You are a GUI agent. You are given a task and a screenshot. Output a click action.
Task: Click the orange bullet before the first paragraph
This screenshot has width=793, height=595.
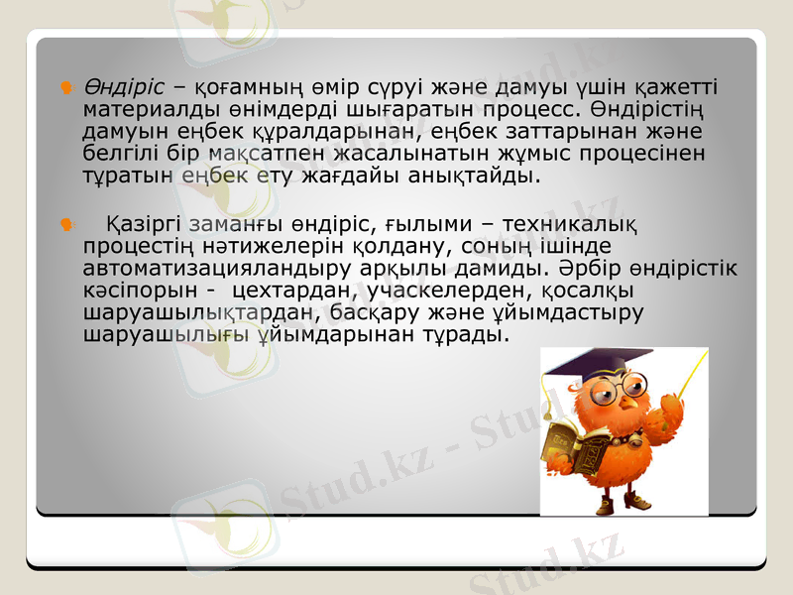click(66, 87)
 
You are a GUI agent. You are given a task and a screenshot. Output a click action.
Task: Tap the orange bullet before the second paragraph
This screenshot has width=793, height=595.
click(66, 225)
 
